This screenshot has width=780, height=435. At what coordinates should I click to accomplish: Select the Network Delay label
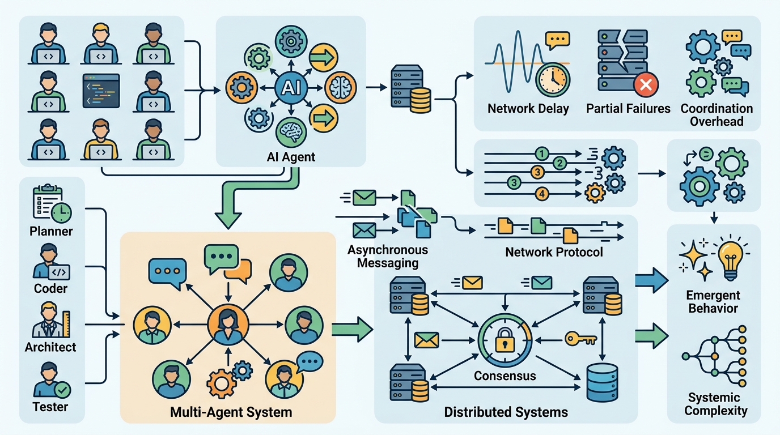coord(528,108)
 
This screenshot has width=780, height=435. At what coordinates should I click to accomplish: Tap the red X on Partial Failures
coord(644,86)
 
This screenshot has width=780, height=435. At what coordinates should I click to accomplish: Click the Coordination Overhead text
coord(717,114)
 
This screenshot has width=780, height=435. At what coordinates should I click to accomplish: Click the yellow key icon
coord(581,339)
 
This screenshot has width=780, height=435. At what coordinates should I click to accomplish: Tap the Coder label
coord(50,288)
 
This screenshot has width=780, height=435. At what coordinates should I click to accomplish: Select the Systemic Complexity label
coord(715,404)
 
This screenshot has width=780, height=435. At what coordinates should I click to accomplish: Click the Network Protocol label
coord(554,251)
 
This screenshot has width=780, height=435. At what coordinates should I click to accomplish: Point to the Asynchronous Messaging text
coord(388,256)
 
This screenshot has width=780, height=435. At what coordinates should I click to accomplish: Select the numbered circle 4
coord(542,194)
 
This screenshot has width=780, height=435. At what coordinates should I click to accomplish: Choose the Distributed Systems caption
coord(506,412)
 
